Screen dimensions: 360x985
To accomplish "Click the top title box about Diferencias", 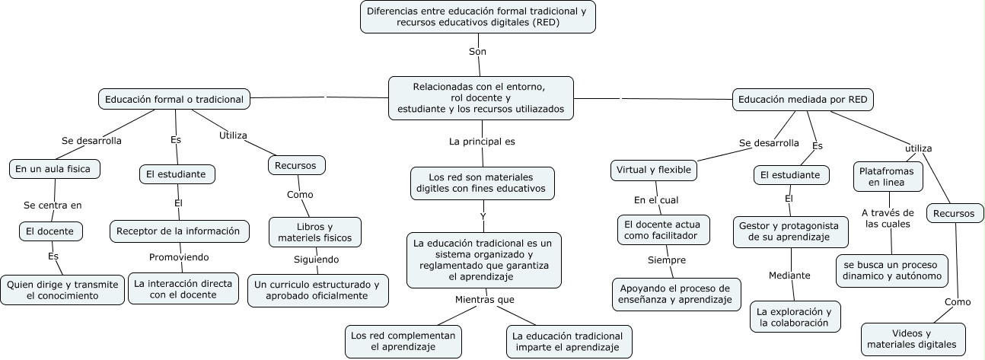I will point(477,17).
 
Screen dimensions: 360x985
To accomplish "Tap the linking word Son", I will point(477,52).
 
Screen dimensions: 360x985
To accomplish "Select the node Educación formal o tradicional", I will point(174,99).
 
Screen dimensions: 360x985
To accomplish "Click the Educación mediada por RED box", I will point(803,99).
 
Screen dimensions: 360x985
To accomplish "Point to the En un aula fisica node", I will point(55,168).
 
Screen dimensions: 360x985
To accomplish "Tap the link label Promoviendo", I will point(179,257).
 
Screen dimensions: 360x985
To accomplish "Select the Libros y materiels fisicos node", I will point(314,232).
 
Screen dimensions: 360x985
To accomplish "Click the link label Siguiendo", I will point(317,260).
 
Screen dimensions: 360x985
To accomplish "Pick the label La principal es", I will point(482,141).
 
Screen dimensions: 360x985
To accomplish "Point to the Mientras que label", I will point(485,299).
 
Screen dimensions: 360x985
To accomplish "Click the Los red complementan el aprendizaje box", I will point(403,341).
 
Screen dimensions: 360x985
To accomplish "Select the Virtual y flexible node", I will point(654,170).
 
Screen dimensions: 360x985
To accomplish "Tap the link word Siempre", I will point(667,260).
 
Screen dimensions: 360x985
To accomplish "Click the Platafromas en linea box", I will point(888,177).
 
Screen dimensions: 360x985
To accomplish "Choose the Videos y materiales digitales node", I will point(912,339).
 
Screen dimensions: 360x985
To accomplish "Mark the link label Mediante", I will point(789,276).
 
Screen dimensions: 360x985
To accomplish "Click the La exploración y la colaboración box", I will point(794,317).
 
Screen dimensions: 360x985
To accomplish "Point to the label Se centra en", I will point(53,205).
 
